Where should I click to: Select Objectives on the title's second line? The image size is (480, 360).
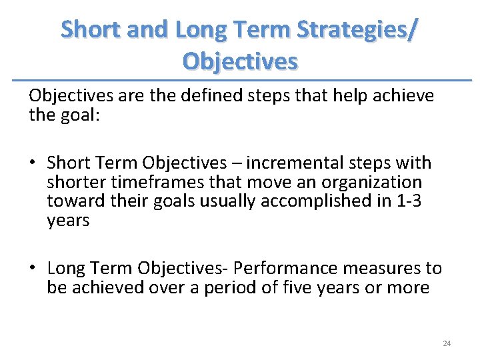(x=240, y=61)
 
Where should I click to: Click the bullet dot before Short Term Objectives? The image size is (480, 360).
(x=33, y=163)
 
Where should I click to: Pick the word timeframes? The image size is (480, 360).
(x=150, y=182)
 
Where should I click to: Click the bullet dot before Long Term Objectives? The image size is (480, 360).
(x=33, y=269)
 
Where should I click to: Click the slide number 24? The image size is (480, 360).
(x=447, y=343)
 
